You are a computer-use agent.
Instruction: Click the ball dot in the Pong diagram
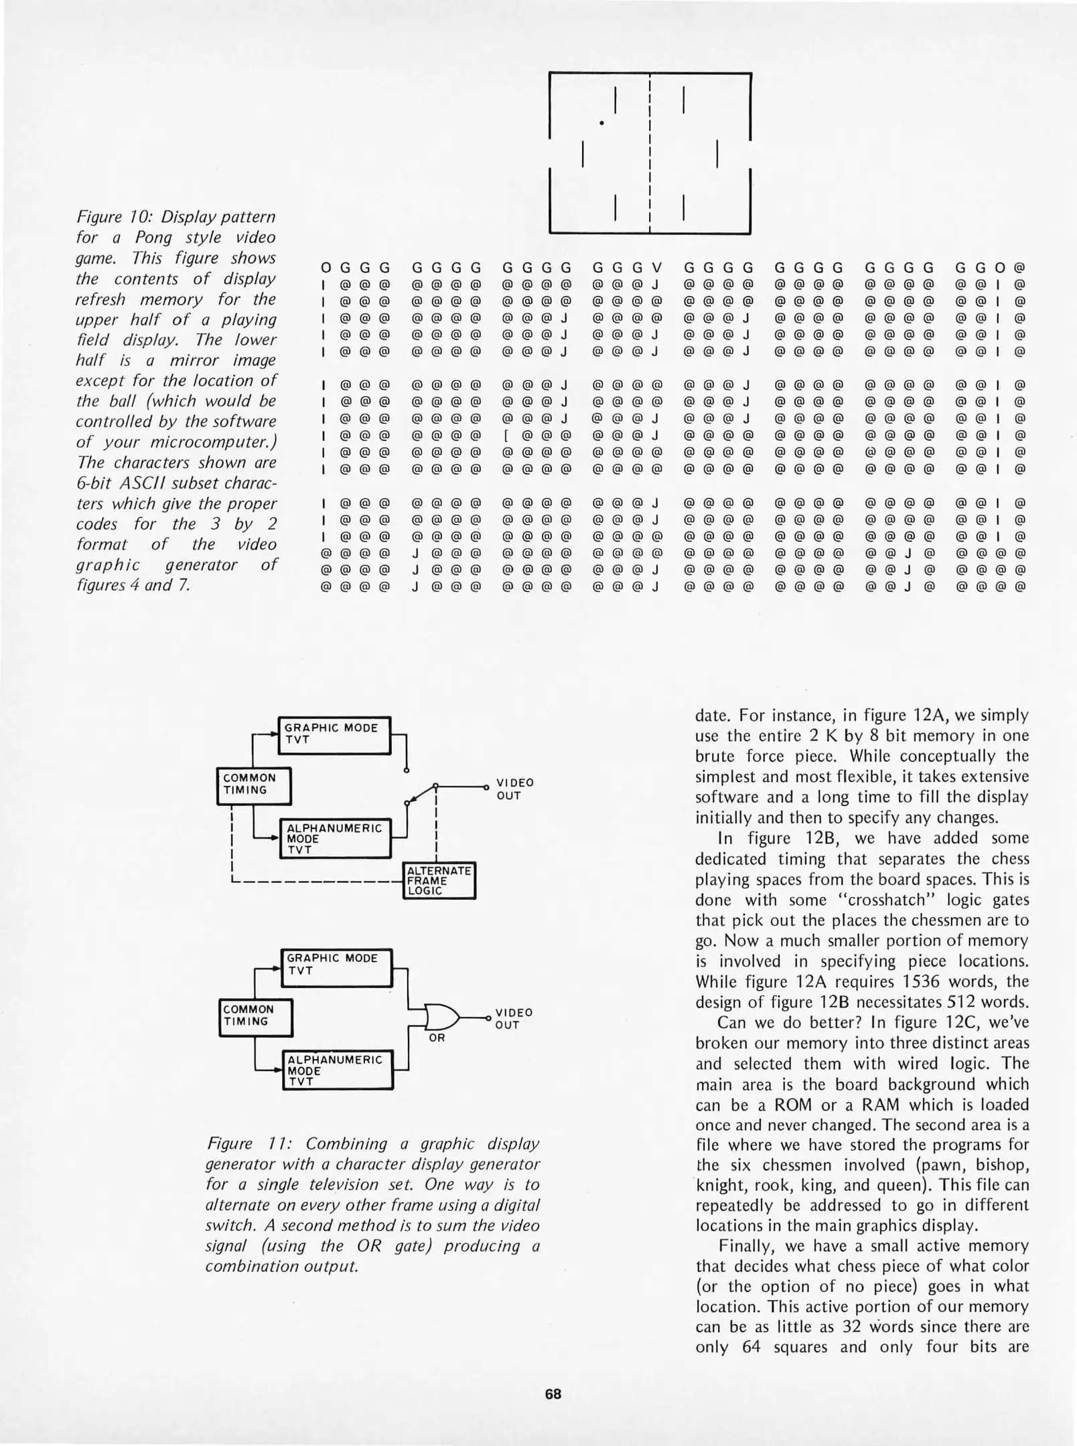click(602, 123)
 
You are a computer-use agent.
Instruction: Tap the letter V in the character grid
click(656, 268)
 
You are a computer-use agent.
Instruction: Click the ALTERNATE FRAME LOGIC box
click(439, 880)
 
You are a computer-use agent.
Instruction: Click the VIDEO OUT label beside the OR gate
click(514, 1018)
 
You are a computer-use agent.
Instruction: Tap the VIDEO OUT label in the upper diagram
click(514, 789)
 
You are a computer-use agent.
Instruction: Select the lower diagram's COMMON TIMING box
click(257, 1016)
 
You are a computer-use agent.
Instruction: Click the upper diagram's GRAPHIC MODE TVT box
click(334, 734)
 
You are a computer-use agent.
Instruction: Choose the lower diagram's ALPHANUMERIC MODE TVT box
click(338, 1070)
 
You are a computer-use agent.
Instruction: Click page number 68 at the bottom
click(553, 1394)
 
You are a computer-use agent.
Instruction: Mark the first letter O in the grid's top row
click(326, 268)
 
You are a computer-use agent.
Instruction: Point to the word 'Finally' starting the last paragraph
click(742, 1246)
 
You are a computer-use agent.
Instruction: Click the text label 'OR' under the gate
click(437, 1038)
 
